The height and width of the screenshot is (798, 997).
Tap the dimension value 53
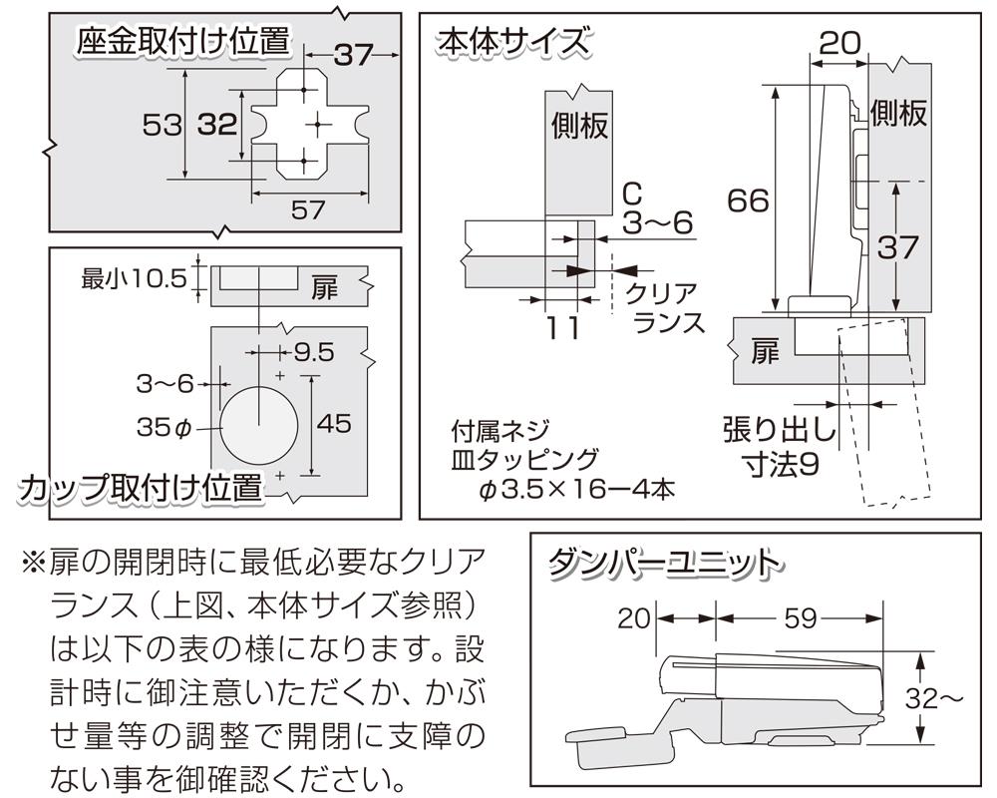162,126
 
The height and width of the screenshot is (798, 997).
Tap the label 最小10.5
134,278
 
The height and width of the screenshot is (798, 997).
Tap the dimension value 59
801,619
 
